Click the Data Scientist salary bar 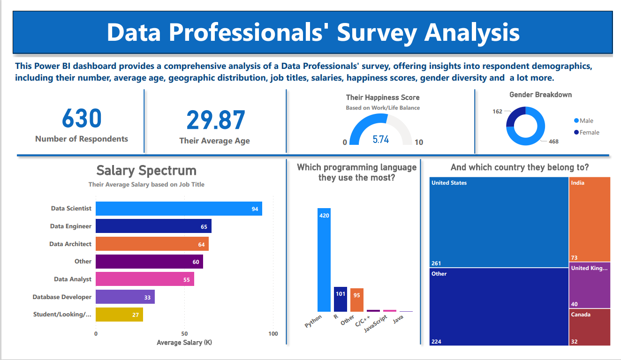tap(178, 209)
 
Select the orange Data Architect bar tap(152, 244)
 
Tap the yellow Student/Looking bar tap(119, 315)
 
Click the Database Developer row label tap(62, 297)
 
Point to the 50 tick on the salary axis tap(184, 334)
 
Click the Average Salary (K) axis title tap(184, 343)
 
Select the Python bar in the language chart tap(324, 260)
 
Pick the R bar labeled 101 tap(340, 299)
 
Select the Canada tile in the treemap tap(590, 327)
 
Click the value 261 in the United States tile tap(436, 263)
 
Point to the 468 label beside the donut tap(553, 141)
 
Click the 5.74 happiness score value tap(380, 140)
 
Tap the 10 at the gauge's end tap(419, 142)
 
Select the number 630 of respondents tap(82, 119)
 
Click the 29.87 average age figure tap(215, 120)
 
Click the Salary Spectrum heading tap(146, 170)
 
